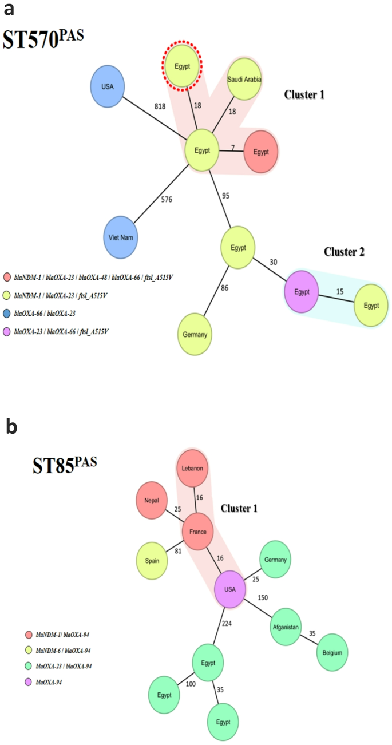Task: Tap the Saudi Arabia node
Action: click(x=244, y=80)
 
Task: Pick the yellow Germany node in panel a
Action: click(x=196, y=335)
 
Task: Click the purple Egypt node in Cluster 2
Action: click(x=302, y=292)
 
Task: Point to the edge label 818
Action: click(x=160, y=106)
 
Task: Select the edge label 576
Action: click(x=167, y=200)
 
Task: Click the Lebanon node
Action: click(x=193, y=467)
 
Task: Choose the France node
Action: click(x=198, y=532)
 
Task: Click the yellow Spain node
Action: click(x=153, y=560)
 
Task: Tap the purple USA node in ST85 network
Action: click(x=230, y=589)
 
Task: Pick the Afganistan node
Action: click(x=286, y=627)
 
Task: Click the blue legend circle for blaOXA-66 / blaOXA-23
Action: click(x=7, y=312)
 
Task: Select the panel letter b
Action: click(x=11, y=427)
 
